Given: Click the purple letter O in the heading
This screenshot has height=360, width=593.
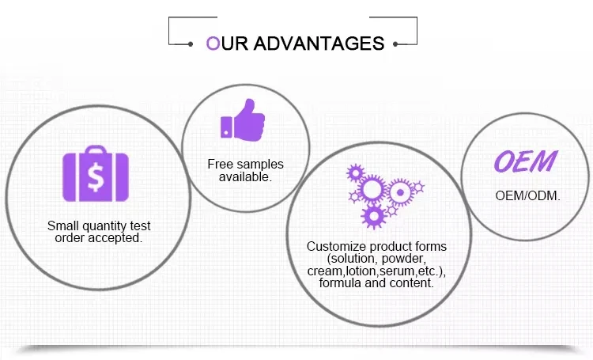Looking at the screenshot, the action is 213,44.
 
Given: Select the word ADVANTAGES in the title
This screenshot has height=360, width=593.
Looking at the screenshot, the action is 319,44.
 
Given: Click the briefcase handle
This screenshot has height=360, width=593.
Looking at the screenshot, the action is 96,150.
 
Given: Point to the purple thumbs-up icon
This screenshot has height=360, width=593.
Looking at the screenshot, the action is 243,120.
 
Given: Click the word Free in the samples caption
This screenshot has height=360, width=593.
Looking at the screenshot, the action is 220,164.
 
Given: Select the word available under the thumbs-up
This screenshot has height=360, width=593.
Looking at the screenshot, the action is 244,176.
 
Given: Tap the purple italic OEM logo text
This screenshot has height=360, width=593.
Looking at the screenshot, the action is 526,161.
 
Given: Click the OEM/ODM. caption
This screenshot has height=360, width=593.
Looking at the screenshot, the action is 527,195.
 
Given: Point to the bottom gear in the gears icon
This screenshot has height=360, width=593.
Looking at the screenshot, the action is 374,217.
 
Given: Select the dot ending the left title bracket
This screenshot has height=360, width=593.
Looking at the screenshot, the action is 191,44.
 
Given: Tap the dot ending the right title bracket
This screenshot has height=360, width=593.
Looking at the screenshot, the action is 395,44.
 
